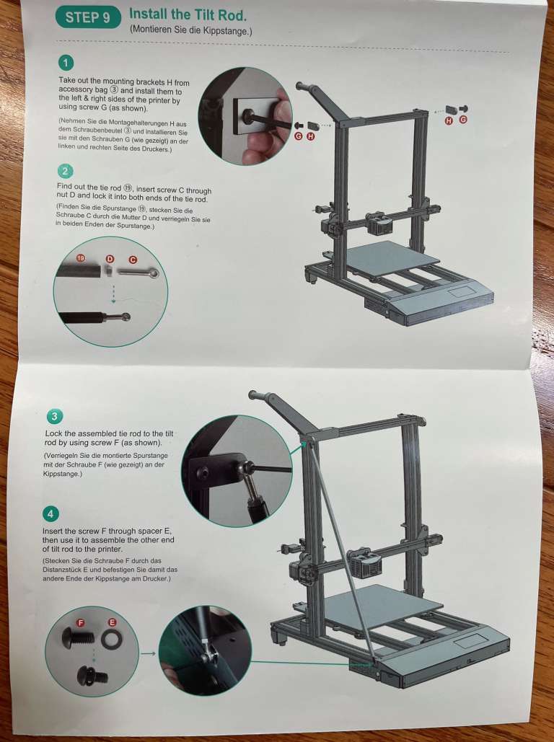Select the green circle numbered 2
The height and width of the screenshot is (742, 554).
coord(66,171)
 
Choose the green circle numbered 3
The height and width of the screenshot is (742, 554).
coord(54,417)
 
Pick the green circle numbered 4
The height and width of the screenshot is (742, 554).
coord(51,514)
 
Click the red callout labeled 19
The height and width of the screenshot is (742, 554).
coord(81,257)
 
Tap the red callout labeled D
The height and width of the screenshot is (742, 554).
coord(110,258)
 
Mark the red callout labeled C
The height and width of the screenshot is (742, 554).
coord(133,258)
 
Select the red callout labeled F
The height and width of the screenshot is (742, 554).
coord(81,622)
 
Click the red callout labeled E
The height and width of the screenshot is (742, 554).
coord(112,622)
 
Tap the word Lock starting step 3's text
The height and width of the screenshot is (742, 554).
coord(56,433)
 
